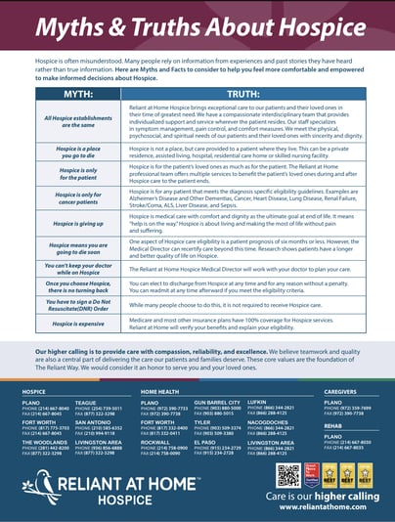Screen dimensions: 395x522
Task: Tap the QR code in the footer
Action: [x=286, y=475]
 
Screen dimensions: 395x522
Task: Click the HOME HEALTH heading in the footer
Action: [x=159, y=391]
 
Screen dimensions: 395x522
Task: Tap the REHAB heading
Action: [x=332, y=425]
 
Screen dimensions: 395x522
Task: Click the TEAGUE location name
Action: [x=86, y=402]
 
